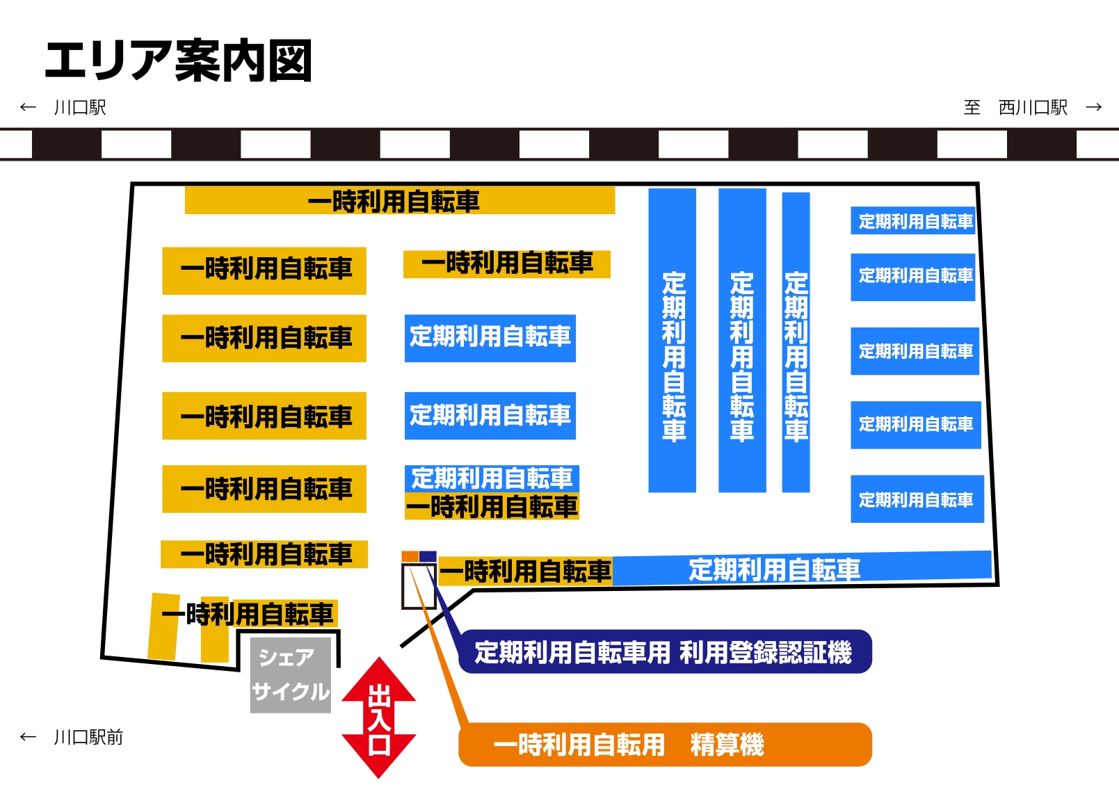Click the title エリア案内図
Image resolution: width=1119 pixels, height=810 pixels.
(x=178, y=61)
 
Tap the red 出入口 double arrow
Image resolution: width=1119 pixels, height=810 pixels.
(x=379, y=718)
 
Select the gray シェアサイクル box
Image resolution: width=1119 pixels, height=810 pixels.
(x=290, y=675)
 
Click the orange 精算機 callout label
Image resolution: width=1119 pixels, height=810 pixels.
(x=665, y=745)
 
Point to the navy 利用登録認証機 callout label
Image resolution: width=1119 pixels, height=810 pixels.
(x=665, y=652)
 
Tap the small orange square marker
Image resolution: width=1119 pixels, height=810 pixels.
(x=410, y=556)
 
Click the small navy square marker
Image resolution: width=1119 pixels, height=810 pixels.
(x=428, y=556)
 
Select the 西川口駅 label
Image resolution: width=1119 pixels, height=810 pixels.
(x=1032, y=108)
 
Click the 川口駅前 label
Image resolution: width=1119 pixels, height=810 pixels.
(x=88, y=737)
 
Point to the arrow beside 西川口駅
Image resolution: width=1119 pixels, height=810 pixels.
(x=1093, y=107)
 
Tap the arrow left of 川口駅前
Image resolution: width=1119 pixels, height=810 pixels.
(x=28, y=737)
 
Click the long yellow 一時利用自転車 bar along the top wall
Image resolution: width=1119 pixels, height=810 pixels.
(x=399, y=201)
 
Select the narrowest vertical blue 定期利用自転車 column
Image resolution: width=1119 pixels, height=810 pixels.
(x=796, y=342)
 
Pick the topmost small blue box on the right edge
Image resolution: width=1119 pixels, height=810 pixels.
(x=912, y=220)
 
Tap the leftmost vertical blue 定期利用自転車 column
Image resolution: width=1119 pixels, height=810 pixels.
(x=672, y=341)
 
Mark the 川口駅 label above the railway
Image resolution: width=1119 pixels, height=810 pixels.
(x=80, y=108)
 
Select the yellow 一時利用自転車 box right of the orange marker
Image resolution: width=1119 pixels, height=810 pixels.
(x=526, y=572)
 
